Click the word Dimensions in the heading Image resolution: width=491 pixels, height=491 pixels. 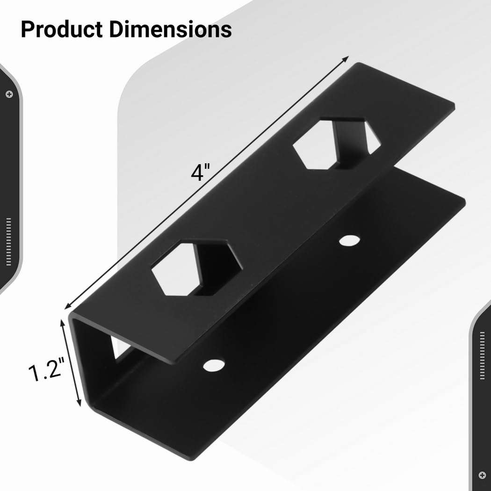tap(171, 29)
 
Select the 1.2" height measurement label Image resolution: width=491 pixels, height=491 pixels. tap(45, 372)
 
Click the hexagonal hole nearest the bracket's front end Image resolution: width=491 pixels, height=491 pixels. tap(196, 268)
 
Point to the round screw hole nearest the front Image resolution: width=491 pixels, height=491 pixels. tap(214, 364)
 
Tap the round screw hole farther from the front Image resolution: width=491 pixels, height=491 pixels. tap(349, 240)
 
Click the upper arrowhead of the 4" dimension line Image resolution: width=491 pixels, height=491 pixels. tap(346, 58)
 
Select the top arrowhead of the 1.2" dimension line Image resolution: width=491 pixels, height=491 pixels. tap(63, 322)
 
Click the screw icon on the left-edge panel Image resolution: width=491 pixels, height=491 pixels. tap(9, 94)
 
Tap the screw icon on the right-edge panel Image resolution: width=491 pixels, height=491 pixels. tap(482, 475)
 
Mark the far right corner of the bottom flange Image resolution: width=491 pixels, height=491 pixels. tap(464, 201)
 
